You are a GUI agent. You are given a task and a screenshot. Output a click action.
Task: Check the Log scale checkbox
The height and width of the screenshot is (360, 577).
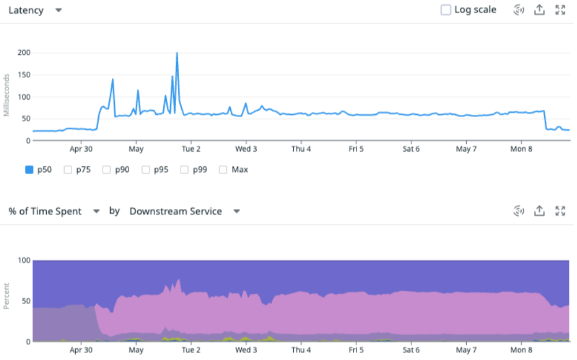click(445, 10)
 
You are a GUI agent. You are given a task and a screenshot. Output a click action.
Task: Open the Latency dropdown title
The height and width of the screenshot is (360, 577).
click(35, 10)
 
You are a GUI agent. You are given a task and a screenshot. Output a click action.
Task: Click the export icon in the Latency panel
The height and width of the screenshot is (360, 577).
click(539, 10)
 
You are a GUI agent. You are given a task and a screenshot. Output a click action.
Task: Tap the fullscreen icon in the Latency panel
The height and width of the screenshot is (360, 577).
click(560, 10)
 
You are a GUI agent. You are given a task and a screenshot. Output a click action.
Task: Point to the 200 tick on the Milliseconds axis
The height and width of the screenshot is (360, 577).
click(24, 53)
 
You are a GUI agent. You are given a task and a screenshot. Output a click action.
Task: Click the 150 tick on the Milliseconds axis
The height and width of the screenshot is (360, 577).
click(24, 75)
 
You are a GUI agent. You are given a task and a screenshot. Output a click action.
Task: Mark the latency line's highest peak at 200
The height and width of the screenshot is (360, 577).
click(177, 53)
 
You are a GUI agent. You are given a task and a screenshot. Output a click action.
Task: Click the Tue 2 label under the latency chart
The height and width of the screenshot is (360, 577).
click(191, 149)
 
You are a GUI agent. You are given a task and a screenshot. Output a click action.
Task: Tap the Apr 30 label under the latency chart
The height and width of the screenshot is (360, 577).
click(80, 149)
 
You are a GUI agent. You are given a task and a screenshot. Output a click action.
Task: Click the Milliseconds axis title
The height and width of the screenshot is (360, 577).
click(7, 95)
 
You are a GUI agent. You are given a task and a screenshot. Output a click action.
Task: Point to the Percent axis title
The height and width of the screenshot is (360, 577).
click(7, 296)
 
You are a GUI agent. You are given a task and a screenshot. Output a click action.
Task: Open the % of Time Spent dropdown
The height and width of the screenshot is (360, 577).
click(54, 211)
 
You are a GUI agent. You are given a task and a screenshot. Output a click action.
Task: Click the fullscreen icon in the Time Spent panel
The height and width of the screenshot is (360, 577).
click(560, 211)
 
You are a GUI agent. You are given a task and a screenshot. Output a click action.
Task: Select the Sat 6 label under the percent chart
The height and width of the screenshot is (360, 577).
click(411, 350)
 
